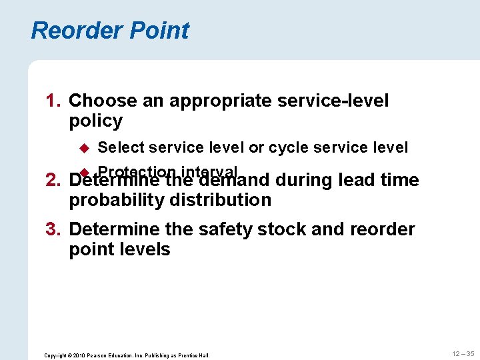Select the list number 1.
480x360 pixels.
pyautogui.click(x=53, y=101)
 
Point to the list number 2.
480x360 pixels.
pyautogui.click(x=53, y=181)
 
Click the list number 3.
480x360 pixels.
pyautogui.click(x=53, y=230)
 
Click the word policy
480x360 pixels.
pyautogui.click(x=95, y=121)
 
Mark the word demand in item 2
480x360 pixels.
pyautogui.click(x=233, y=181)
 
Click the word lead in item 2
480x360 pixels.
pyautogui.click(x=357, y=181)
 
